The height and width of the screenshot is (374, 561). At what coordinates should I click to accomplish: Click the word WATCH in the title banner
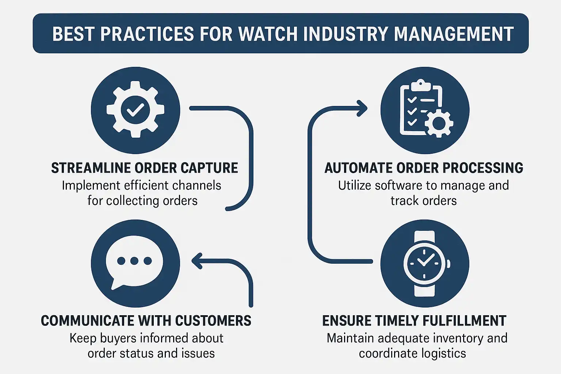(x=267, y=34)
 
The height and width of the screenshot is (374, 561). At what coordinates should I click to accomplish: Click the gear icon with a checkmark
(x=135, y=110)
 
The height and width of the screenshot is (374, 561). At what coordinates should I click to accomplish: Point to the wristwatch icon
(x=425, y=263)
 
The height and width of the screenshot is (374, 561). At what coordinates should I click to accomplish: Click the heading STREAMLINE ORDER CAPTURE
(x=145, y=168)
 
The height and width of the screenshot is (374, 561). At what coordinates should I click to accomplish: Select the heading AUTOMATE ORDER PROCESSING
(x=424, y=168)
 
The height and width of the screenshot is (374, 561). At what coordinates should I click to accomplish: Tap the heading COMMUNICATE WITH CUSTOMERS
(x=146, y=321)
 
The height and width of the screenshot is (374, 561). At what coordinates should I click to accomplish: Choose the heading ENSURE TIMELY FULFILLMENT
(x=414, y=321)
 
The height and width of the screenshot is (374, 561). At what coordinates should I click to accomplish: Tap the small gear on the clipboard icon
(x=439, y=125)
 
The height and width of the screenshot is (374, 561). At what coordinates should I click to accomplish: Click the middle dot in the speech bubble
(x=134, y=261)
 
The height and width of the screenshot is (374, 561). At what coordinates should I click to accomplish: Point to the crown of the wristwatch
(x=448, y=263)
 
